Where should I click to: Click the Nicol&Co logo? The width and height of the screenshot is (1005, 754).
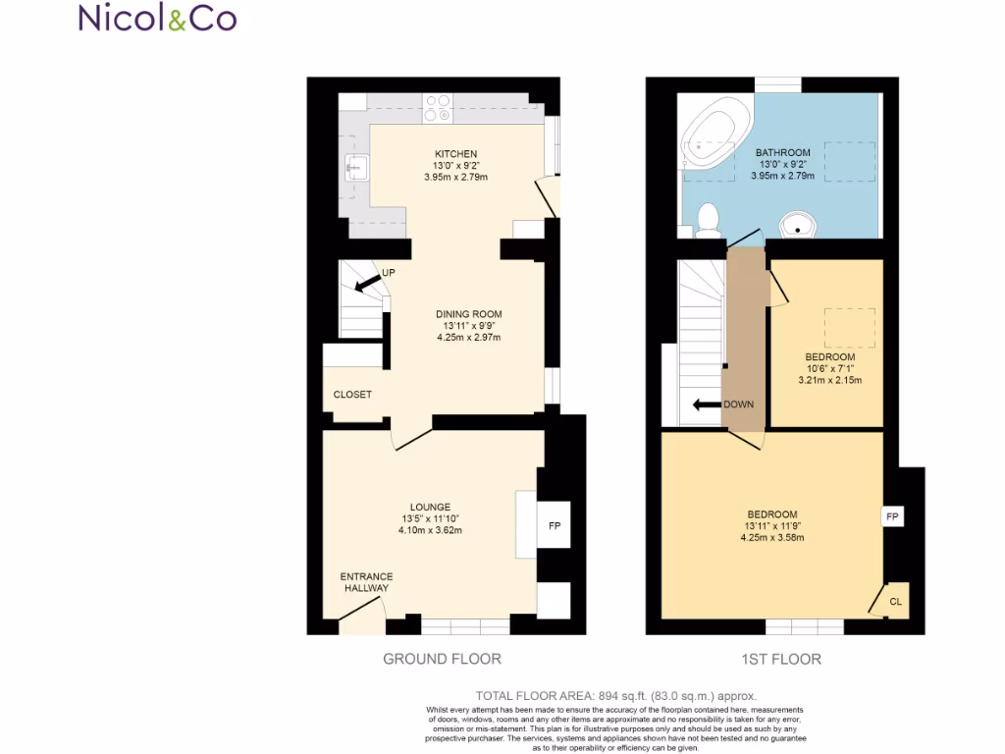pyautogui.click(x=157, y=18)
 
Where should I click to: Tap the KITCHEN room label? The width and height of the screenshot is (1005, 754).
pyautogui.click(x=456, y=154)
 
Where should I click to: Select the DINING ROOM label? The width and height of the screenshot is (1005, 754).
pyautogui.click(x=468, y=314)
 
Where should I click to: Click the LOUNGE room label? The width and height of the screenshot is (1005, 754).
pyautogui.click(x=430, y=507)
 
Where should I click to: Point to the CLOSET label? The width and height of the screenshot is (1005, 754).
pyautogui.click(x=352, y=395)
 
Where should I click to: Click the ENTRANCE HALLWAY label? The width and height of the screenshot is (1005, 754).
pyautogui.click(x=366, y=582)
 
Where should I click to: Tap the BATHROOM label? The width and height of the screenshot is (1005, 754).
pyautogui.click(x=782, y=153)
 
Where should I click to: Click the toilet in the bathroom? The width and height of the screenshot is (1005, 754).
pyautogui.click(x=708, y=219)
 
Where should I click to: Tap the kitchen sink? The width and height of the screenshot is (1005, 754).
pyautogui.click(x=356, y=168)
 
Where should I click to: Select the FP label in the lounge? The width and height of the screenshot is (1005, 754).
pyautogui.click(x=555, y=526)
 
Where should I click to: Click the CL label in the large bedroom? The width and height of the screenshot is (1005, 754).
pyautogui.click(x=895, y=601)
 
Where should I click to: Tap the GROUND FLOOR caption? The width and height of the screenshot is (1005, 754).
pyautogui.click(x=442, y=659)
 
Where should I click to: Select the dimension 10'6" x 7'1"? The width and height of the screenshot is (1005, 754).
pyautogui.click(x=829, y=368)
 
